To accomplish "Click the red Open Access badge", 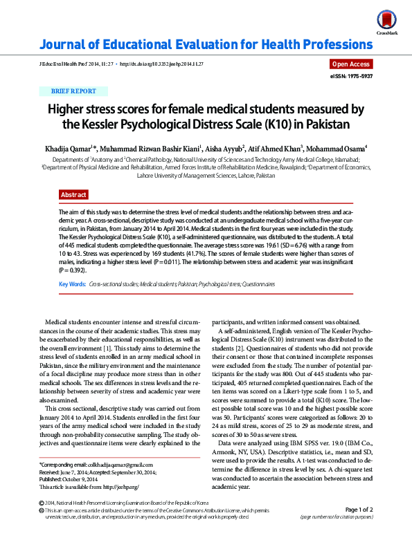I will tap(352, 64).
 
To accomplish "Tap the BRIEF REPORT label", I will tap(73, 91).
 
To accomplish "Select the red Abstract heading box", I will tap(74, 195).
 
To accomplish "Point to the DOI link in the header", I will tap(161, 64).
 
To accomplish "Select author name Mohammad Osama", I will tap(339, 148).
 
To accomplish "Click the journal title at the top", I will tap(205, 46).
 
